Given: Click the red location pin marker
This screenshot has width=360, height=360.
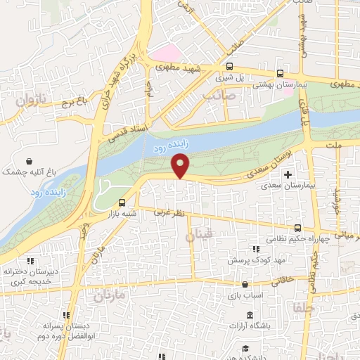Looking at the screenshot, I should pos(181,165).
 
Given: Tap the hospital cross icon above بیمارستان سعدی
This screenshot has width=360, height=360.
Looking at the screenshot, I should pos(287,173).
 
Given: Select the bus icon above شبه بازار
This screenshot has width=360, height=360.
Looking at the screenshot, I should pos(124,203).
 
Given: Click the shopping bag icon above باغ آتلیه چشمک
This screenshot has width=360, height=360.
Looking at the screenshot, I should pos(29,160).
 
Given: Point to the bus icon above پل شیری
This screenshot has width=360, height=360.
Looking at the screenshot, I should pos(229,66).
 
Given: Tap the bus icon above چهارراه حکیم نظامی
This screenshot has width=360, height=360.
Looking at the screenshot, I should pos(297,228).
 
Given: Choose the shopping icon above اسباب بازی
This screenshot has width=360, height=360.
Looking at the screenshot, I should pos(244,285).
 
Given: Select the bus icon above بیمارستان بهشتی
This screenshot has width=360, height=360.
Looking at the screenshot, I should pos(281,72).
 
